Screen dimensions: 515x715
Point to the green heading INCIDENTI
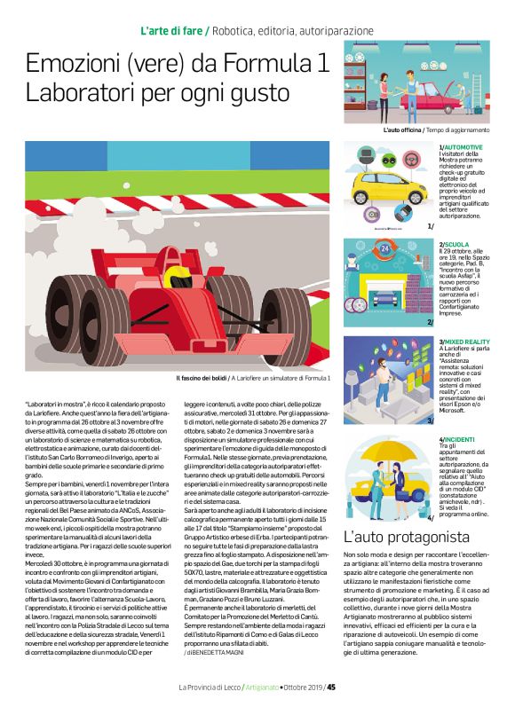pos(460,439)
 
